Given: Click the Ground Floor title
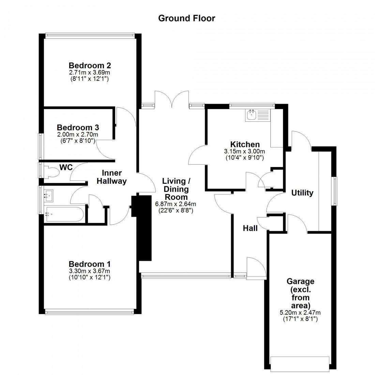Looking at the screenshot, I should coord(186,18).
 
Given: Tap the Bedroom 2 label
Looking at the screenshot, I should coord(90,65).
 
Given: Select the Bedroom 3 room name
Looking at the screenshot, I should coord(78,127).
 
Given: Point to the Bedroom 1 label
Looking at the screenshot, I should coord(90,264).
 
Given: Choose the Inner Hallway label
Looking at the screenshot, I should coord(111,177).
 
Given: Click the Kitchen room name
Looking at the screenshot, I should coord(245,144).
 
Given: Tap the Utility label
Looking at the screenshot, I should coord(302,193).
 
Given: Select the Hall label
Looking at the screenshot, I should coord(250,228).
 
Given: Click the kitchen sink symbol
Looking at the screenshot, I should coord(252,116).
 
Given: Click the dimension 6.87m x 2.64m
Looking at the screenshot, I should coord(176,204).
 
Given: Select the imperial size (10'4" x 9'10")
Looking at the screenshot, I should coord(245,158).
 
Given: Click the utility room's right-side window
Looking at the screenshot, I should coord(335,191).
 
